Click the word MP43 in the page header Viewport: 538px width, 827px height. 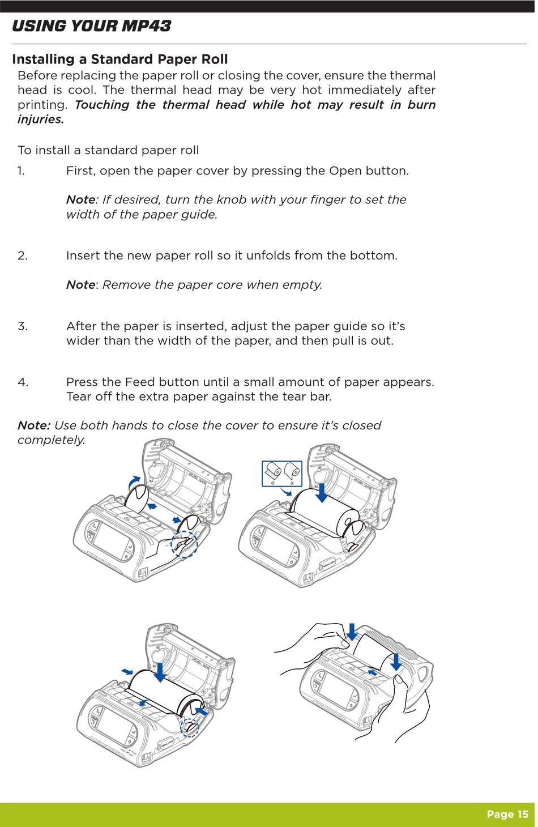(145, 26)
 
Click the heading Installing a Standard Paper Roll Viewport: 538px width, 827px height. (119, 59)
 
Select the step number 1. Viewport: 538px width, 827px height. (22, 171)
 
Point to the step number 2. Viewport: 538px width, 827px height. (23, 256)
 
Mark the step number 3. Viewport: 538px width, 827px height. (23, 326)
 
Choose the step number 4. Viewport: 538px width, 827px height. (23, 382)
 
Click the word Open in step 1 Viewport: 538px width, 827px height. (345, 171)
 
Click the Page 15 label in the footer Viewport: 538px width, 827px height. (507, 815)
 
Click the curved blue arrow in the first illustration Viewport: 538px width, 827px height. (134, 482)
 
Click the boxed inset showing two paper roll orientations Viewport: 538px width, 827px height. (281, 474)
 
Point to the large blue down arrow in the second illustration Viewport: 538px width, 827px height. (322, 492)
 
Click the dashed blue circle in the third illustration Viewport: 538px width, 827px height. (190, 727)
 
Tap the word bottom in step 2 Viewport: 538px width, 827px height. (372, 256)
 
